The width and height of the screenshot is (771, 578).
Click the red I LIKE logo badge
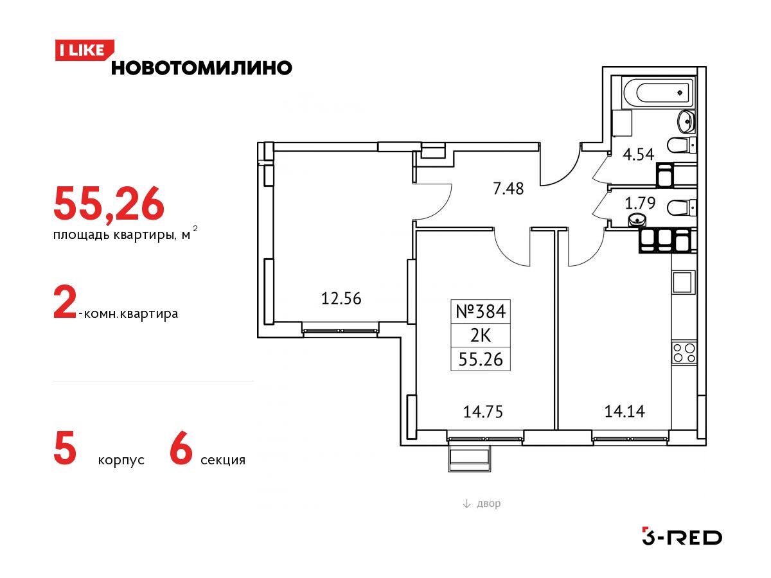(84, 50)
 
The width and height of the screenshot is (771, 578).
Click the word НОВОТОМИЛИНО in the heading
(202, 68)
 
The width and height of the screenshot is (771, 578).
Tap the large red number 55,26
(109, 204)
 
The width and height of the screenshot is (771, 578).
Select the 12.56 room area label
(341, 299)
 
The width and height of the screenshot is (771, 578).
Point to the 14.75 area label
(483, 412)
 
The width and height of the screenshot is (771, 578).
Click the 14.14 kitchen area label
(625, 411)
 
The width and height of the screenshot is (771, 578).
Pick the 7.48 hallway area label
(508, 189)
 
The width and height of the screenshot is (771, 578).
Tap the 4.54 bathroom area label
(638, 154)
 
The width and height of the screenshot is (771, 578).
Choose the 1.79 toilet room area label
(640, 203)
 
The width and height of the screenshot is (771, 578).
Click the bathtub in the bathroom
(657, 92)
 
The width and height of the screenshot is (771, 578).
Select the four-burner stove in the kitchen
(684, 353)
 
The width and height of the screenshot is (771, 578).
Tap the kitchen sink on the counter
(684, 282)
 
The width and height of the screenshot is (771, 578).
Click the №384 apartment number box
(481, 311)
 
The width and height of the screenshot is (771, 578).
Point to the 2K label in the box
(481, 336)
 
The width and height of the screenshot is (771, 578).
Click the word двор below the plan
(488, 504)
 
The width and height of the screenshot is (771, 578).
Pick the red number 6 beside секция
(181, 448)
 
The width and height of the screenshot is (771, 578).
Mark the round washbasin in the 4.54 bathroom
(686, 121)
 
